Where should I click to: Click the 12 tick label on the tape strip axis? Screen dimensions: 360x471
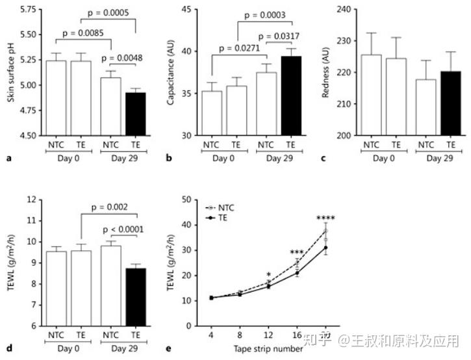pos(268,335)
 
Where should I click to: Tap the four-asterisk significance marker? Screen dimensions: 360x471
pos(325,219)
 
